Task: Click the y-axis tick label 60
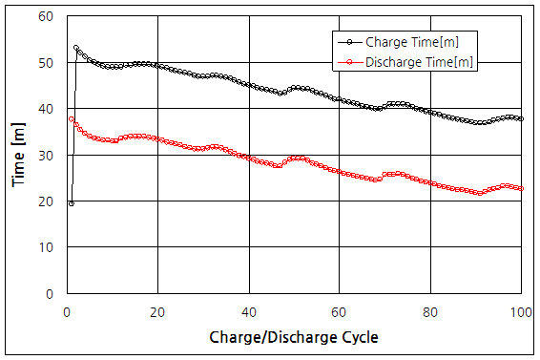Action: click(45, 16)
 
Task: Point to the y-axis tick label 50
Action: click(45, 63)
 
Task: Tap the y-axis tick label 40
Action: click(45, 109)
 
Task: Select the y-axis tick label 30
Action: click(45, 155)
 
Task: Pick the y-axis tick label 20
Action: click(45, 201)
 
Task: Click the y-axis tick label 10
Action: click(45, 247)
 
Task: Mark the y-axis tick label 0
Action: click(49, 294)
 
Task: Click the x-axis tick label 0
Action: click(67, 311)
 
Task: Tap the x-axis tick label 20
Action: click(157, 311)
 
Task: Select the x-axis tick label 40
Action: click(249, 311)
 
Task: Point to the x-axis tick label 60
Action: click(340, 311)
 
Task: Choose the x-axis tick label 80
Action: click(431, 311)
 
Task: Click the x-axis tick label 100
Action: click(522, 311)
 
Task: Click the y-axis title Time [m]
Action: click(18, 155)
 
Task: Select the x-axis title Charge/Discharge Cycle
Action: click(294, 337)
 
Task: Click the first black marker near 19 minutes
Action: click(72, 203)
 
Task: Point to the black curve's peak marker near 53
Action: click(76, 49)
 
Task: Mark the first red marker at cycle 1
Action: click(72, 119)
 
